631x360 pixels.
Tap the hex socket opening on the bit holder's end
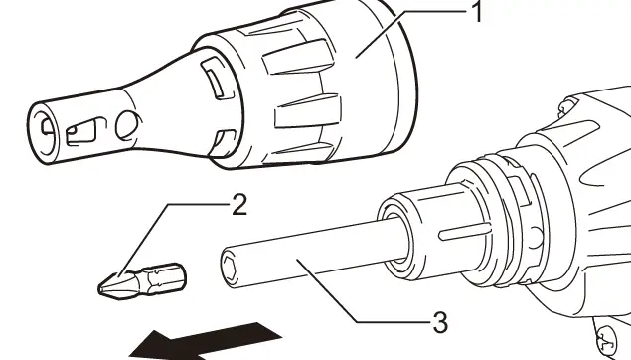tap(229, 265)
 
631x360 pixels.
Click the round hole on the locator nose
tap(127, 124)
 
